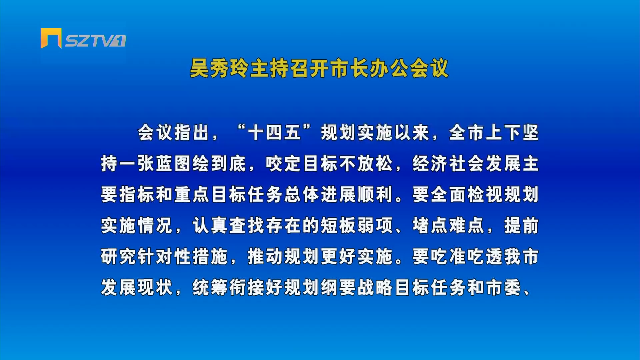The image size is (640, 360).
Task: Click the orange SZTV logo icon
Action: [51, 38]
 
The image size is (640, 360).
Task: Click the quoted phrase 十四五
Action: [274, 132]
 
